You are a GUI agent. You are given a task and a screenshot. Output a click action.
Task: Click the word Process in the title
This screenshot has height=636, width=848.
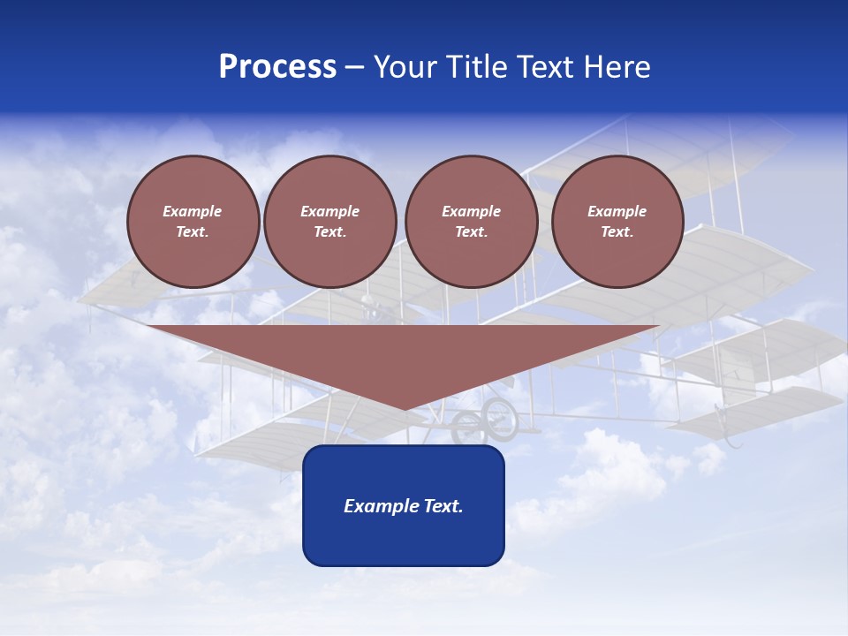coord(277,67)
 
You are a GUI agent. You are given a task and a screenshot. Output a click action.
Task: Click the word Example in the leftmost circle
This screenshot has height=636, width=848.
coord(193,211)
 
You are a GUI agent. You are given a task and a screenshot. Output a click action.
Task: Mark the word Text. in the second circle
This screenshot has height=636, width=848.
coord(330,232)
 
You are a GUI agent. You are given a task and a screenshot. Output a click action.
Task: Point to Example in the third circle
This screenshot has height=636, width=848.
coord(472,211)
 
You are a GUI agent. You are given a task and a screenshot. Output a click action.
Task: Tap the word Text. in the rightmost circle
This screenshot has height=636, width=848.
coord(617,232)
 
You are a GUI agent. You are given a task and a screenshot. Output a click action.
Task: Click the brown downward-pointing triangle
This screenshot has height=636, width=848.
coord(404,353)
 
